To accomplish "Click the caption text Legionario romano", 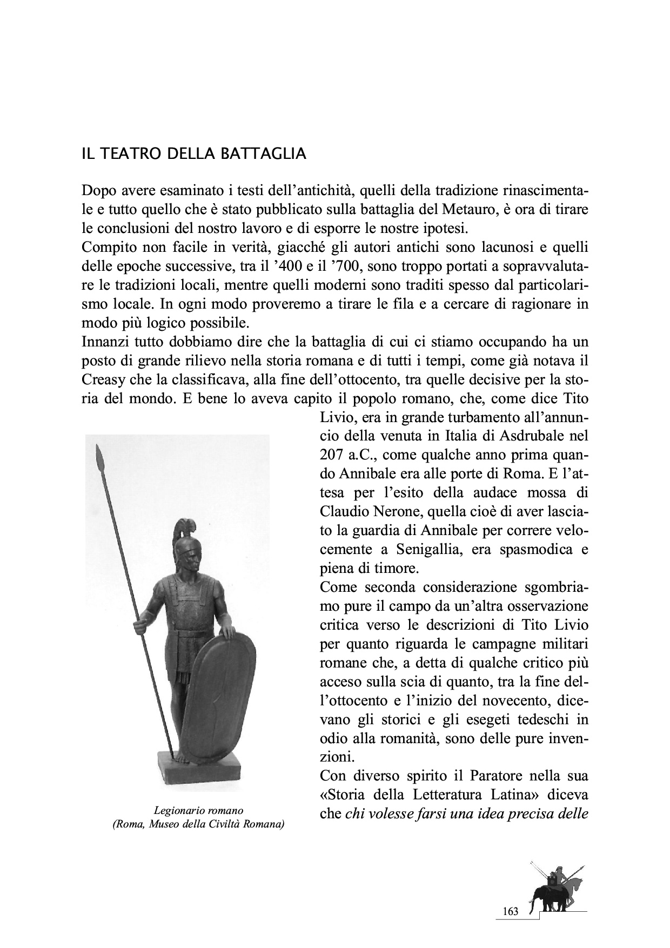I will click(198, 810).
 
